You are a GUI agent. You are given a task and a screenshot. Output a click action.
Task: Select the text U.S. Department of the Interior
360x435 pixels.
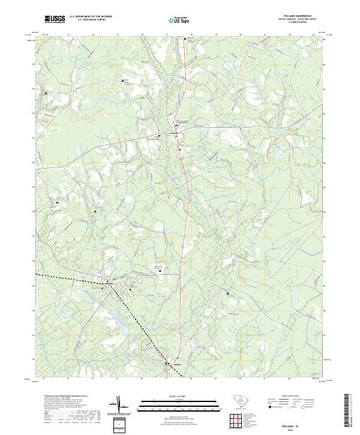[x=91, y=17]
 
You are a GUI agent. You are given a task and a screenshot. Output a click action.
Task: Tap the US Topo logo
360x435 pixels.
[x=179, y=20]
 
